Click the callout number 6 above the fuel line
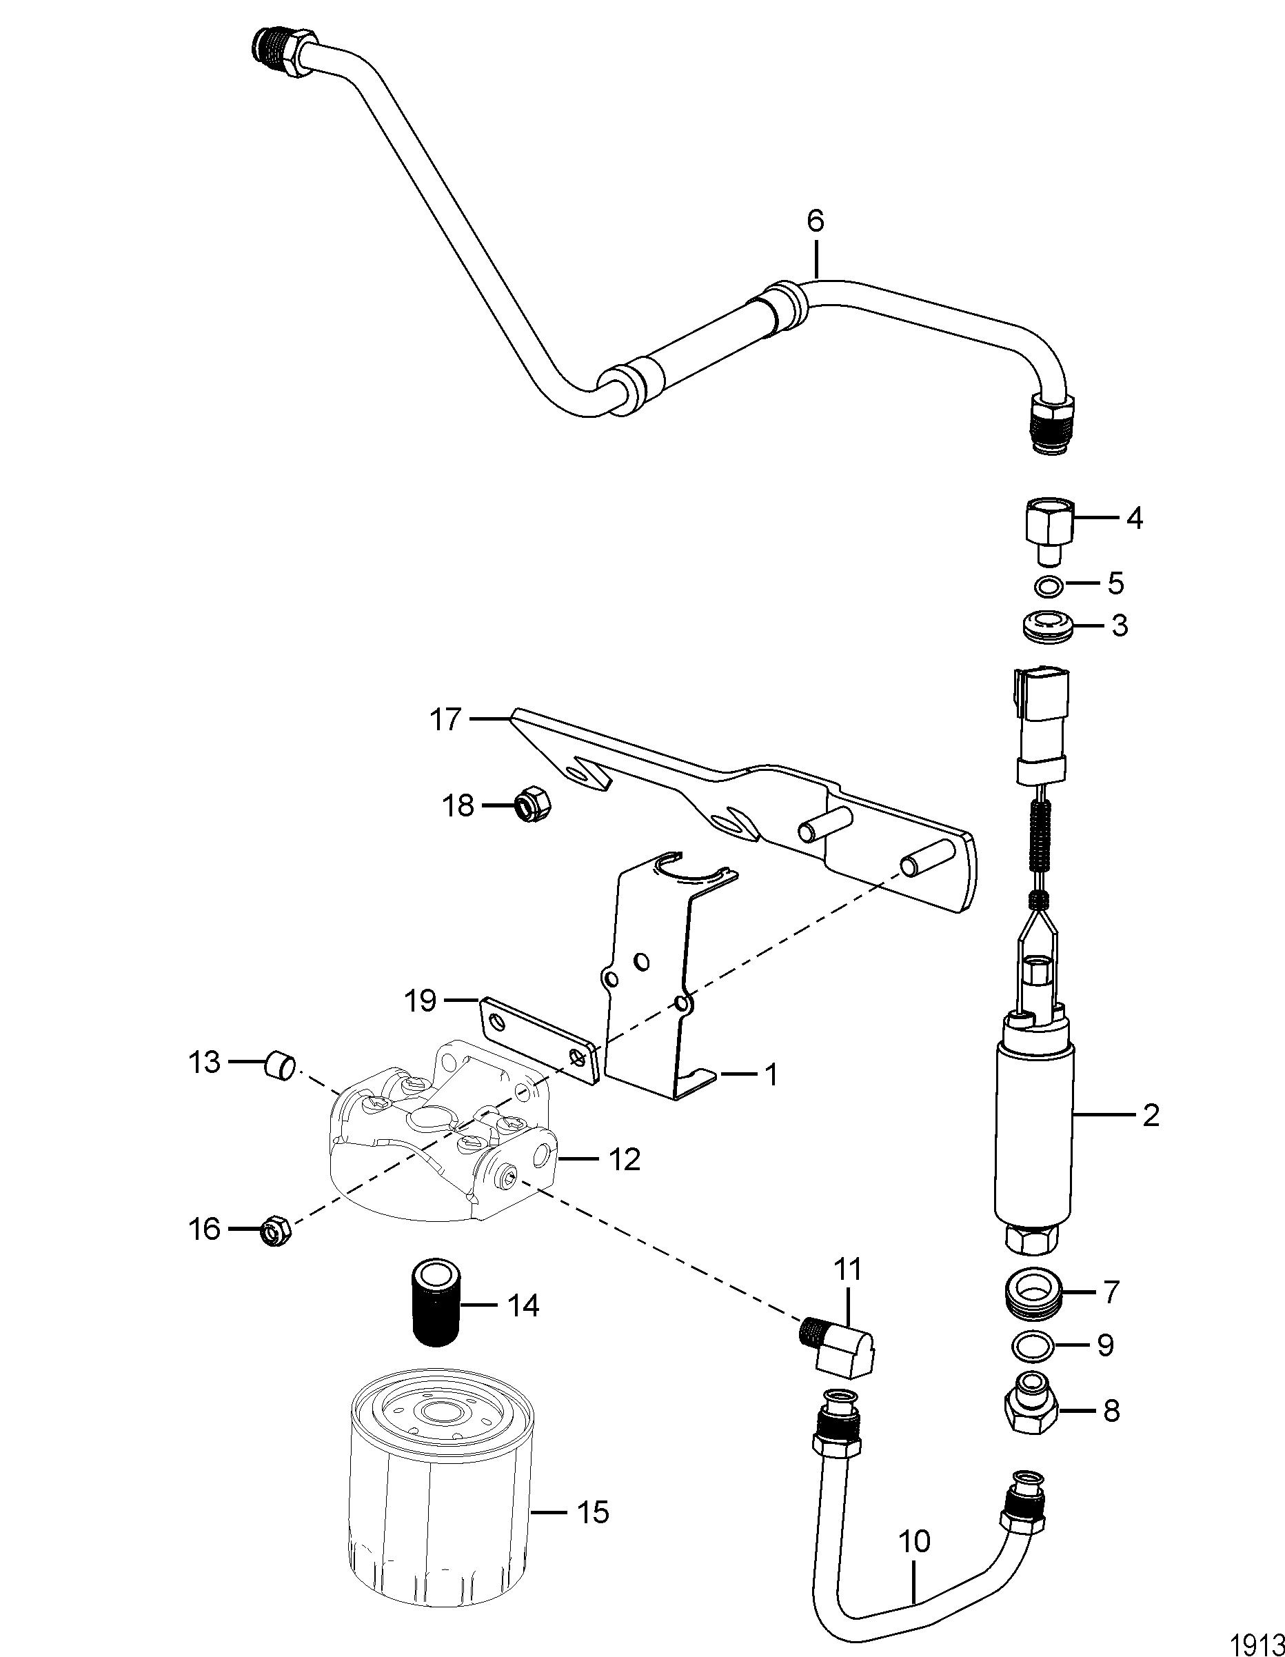tap(816, 221)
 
